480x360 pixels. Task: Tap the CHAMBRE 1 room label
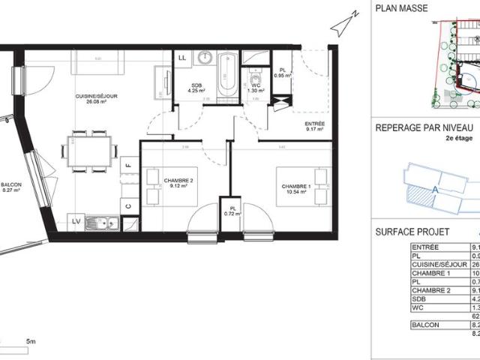(x=295, y=187)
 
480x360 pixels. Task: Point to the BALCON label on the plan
(x=11, y=187)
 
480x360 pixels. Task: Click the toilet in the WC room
(x=256, y=76)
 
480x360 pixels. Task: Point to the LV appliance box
(x=76, y=222)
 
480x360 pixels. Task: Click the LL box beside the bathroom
(x=182, y=58)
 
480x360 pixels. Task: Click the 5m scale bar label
(x=31, y=342)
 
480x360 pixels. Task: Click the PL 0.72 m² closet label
(x=230, y=211)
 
